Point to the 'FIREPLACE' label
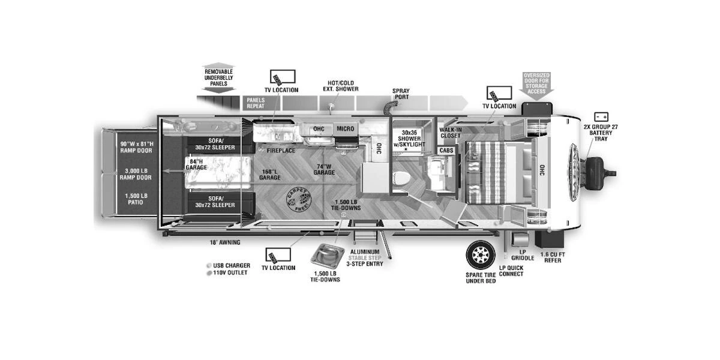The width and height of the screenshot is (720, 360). coord(281,151)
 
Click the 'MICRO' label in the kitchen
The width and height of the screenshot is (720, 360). coord(345,129)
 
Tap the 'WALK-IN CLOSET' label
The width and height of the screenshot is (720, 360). coord(450,132)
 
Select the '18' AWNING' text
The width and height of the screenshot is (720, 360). coord(225,242)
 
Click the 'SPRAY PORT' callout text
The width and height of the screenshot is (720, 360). coord(401,94)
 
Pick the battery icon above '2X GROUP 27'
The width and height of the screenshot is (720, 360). coord(601,117)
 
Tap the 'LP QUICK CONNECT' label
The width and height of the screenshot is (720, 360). coord(511,271)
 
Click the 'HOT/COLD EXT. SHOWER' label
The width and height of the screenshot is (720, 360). coord(343,86)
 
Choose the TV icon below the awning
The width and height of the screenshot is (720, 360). coord(278,255)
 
